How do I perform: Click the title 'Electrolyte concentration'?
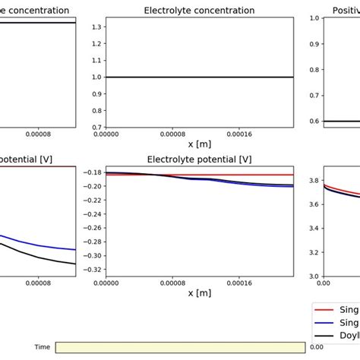point(199,11)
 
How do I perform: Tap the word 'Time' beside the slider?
point(43,347)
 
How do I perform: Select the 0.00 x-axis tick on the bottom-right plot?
point(323,283)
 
